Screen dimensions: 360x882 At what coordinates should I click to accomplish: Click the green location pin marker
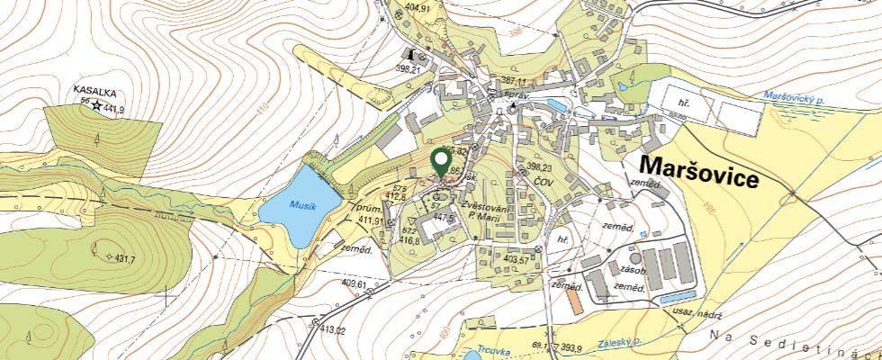[x=441, y=163]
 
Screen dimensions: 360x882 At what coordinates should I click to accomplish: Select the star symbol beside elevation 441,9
[x=96, y=106]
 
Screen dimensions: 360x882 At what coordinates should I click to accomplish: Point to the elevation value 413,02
[x=328, y=330]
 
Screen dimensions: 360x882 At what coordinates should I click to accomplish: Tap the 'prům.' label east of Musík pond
[x=360, y=206]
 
